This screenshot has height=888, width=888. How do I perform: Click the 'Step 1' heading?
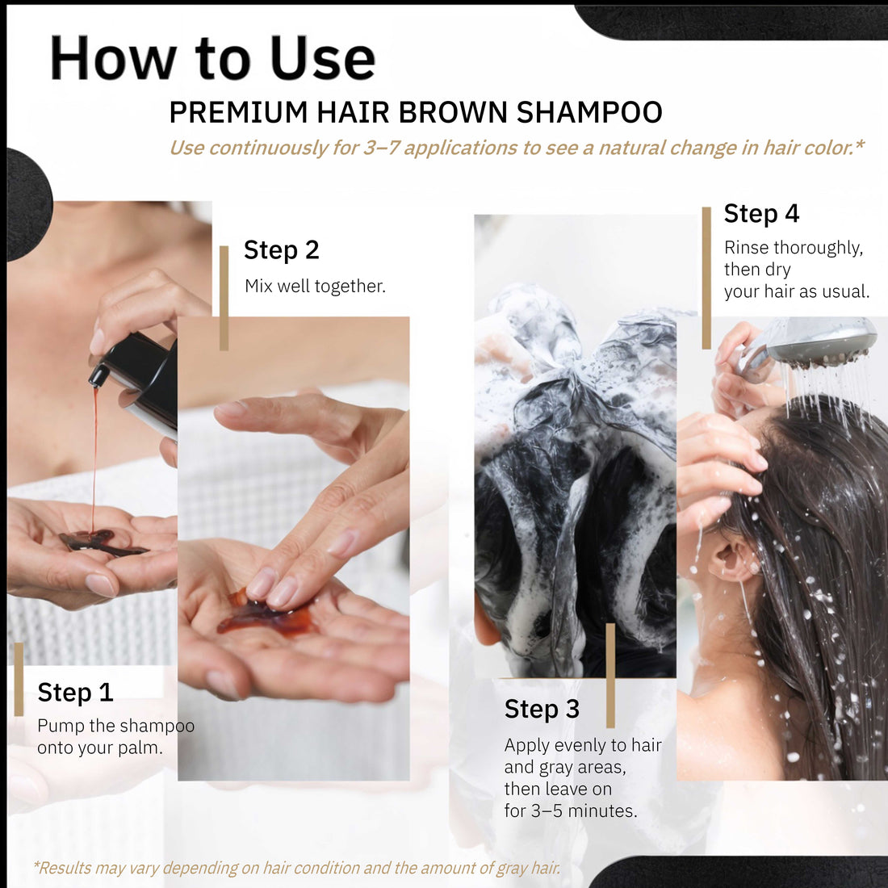pyautogui.click(x=75, y=693)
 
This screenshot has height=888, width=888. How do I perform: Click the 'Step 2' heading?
pyautogui.click(x=281, y=250)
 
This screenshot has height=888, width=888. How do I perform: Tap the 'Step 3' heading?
pyautogui.click(x=542, y=709)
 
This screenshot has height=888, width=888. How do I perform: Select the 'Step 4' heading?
pyautogui.click(x=761, y=214)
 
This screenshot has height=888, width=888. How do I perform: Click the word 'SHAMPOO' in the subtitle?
pyautogui.click(x=589, y=112)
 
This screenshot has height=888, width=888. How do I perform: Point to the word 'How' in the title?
pyautogui.click(x=113, y=58)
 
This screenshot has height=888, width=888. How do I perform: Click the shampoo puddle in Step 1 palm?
pyautogui.click(x=101, y=542)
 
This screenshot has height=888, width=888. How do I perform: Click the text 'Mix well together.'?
pyautogui.click(x=315, y=286)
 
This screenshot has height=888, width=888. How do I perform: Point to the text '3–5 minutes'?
pyautogui.click(x=584, y=811)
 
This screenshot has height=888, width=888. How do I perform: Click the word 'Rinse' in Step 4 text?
pyautogui.click(x=746, y=248)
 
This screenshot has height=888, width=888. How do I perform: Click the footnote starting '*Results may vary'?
pyautogui.click(x=296, y=868)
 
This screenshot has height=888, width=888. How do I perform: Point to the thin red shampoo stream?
pyautogui.click(x=94, y=452)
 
